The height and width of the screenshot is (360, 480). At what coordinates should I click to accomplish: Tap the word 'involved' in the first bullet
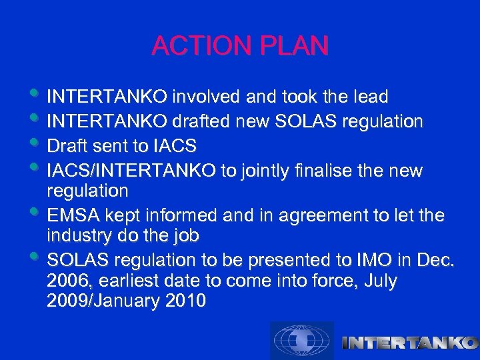point(207,97)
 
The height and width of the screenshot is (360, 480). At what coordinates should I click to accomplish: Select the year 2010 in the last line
point(183,301)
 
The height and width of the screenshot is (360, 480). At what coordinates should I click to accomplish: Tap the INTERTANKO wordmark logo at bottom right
point(409,343)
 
